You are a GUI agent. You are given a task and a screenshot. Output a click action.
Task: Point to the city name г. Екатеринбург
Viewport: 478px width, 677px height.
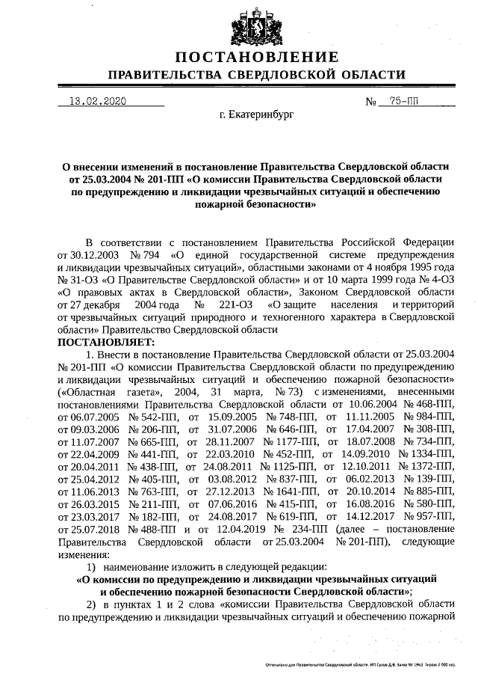[256, 116]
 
